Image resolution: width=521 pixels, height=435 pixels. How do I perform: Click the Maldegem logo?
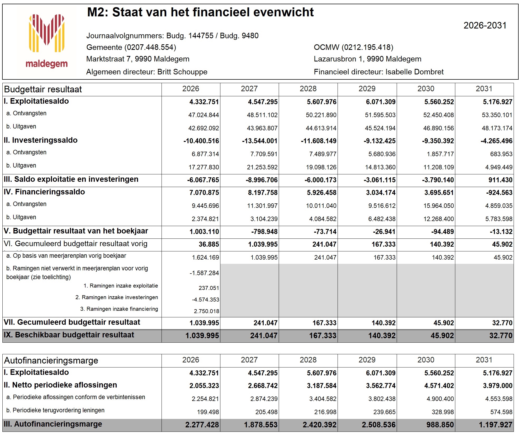[x=47, y=41]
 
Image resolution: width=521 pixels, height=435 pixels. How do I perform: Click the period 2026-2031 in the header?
[x=485, y=26]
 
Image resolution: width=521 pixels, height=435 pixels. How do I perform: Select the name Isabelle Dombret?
[x=414, y=72]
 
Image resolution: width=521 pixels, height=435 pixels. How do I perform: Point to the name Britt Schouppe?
[x=182, y=72]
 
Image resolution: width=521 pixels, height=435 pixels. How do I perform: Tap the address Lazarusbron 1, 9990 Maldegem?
[x=367, y=59]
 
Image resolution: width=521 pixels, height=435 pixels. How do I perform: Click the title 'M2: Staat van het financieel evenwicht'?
[x=200, y=12]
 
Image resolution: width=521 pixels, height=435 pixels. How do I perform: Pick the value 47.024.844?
[x=203, y=115]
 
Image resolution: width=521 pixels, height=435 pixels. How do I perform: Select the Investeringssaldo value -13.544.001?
[x=260, y=141]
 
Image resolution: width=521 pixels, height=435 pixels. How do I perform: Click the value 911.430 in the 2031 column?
[x=500, y=180]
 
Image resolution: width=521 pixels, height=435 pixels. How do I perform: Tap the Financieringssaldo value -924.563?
[x=499, y=193]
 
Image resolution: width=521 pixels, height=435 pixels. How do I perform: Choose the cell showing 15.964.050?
[x=439, y=206]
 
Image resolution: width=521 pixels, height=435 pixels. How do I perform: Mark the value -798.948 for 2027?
[x=264, y=232]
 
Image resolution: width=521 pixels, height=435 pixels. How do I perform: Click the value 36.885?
[x=209, y=244]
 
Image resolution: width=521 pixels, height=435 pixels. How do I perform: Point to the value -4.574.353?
[x=206, y=300]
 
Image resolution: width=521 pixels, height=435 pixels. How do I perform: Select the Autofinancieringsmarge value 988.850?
[x=440, y=425]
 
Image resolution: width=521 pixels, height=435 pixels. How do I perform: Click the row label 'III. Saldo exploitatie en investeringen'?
[x=71, y=179]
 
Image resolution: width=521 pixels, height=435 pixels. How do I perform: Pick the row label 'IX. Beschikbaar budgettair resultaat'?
[x=69, y=335]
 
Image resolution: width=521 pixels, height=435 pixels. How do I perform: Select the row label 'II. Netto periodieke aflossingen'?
[x=60, y=385]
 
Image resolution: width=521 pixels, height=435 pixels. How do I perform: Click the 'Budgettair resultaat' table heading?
[x=43, y=89]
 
